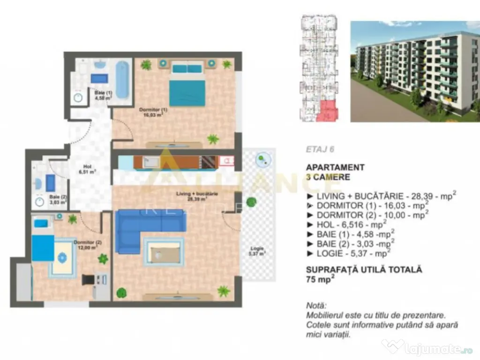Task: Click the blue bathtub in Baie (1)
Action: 121,79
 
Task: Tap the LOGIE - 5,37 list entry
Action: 349,252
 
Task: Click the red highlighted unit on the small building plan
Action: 325,111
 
